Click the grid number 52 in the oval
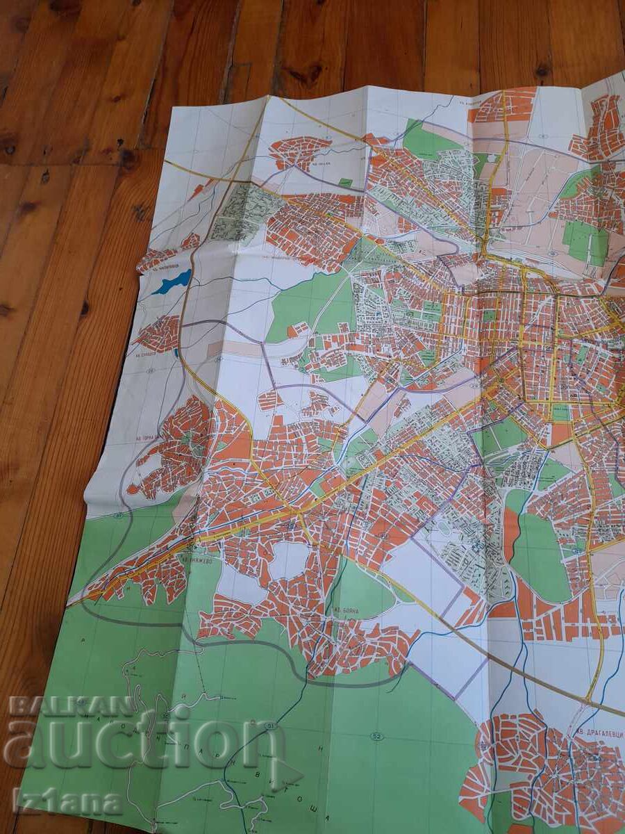click(376, 737)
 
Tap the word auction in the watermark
click(142, 740)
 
